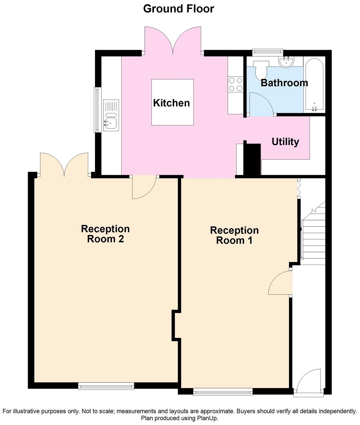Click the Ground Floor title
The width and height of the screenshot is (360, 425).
pos(179,9)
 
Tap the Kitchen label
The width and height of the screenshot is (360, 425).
pos(171,103)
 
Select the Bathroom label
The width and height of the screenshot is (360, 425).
pos(284,83)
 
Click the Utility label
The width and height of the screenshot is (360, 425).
pos(285,141)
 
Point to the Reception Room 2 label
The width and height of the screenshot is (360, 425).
pos(105,234)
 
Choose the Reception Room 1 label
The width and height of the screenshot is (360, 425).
pos(234,235)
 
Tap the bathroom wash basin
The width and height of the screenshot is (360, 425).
pos(286,62)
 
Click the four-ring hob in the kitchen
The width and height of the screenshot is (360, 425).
pos(235,84)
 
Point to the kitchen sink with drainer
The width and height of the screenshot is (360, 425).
pos(111,116)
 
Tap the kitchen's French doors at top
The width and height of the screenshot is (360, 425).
pos(173,42)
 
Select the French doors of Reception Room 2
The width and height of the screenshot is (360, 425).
pos(64,164)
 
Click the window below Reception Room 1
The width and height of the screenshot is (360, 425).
pos(223,392)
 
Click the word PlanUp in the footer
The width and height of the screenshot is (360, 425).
pos(207,418)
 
